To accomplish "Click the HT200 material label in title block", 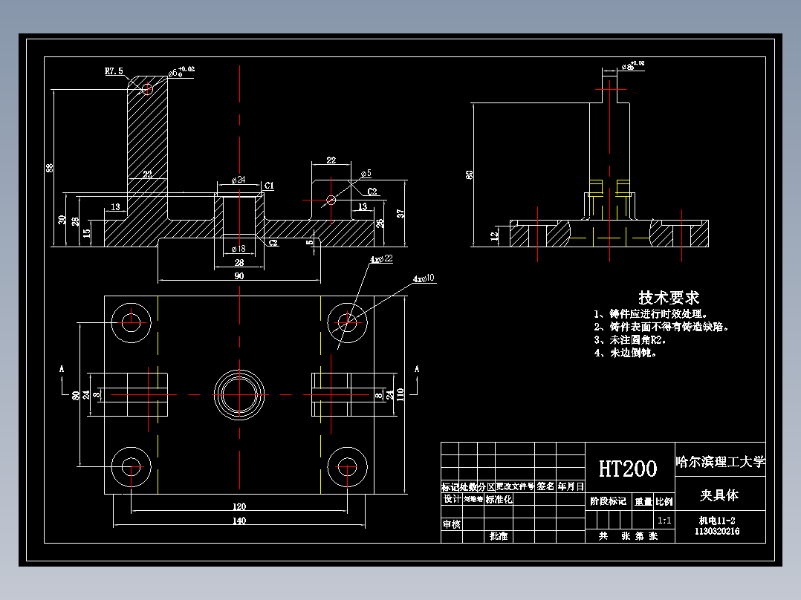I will [628, 469].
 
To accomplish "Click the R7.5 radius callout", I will [114, 71].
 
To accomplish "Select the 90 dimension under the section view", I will [239, 275].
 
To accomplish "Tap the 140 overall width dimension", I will [239, 521].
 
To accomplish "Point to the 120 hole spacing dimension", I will [239, 506].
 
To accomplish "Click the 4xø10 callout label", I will [424, 278].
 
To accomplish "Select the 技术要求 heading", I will [669, 298].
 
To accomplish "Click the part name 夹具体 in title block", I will [719, 495].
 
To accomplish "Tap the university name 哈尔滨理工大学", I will [719, 462].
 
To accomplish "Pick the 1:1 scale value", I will [664, 521].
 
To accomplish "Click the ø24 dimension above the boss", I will [239, 180].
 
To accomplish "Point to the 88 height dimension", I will [51, 167].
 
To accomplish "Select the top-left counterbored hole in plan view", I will [132, 322].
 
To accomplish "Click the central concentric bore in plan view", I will [239, 394].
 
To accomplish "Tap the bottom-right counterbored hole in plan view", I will [346, 466].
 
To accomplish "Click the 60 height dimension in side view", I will [469, 175].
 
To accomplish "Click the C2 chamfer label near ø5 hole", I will [372, 191].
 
